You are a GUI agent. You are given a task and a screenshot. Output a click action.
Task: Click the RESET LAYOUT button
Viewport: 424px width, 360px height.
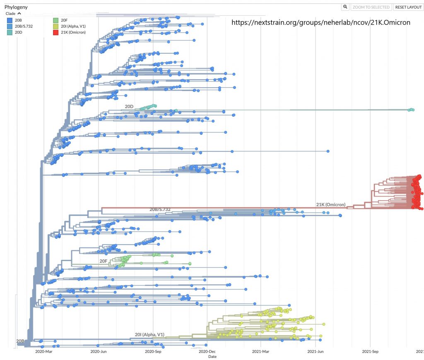coord(408,7)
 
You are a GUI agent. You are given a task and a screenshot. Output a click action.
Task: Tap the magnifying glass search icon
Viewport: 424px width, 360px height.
coord(345,7)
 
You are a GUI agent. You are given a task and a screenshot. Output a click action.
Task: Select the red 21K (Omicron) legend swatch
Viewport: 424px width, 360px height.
coord(55,32)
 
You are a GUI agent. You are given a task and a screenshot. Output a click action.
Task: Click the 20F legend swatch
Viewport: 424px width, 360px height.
coord(55,20)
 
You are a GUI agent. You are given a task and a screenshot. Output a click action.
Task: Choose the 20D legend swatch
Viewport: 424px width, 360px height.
coord(9,32)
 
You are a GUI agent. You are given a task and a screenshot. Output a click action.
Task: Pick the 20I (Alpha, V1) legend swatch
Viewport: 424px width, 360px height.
coord(55,26)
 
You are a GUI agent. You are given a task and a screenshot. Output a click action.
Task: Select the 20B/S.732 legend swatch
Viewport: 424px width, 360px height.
coord(9,26)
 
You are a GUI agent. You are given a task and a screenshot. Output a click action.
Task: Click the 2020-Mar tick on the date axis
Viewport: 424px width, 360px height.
coord(44,351)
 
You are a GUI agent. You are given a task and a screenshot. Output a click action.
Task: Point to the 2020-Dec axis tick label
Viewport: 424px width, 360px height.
coord(207,351)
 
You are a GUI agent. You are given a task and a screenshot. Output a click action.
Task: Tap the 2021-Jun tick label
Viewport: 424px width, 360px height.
coord(316,351)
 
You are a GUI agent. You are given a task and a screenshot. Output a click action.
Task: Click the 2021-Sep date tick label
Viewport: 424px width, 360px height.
coord(371,351)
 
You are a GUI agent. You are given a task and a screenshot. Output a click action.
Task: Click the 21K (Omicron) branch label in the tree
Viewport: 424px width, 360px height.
coord(336,204)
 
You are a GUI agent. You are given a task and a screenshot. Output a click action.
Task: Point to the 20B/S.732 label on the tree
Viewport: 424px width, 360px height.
coord(160,209)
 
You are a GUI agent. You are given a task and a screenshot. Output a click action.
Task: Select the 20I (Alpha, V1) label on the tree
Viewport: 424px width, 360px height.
coord(149,334)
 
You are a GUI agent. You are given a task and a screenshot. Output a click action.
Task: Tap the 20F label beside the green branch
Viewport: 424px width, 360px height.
coord(104,261)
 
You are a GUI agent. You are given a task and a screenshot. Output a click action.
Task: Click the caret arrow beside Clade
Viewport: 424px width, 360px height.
coord(19,14)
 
